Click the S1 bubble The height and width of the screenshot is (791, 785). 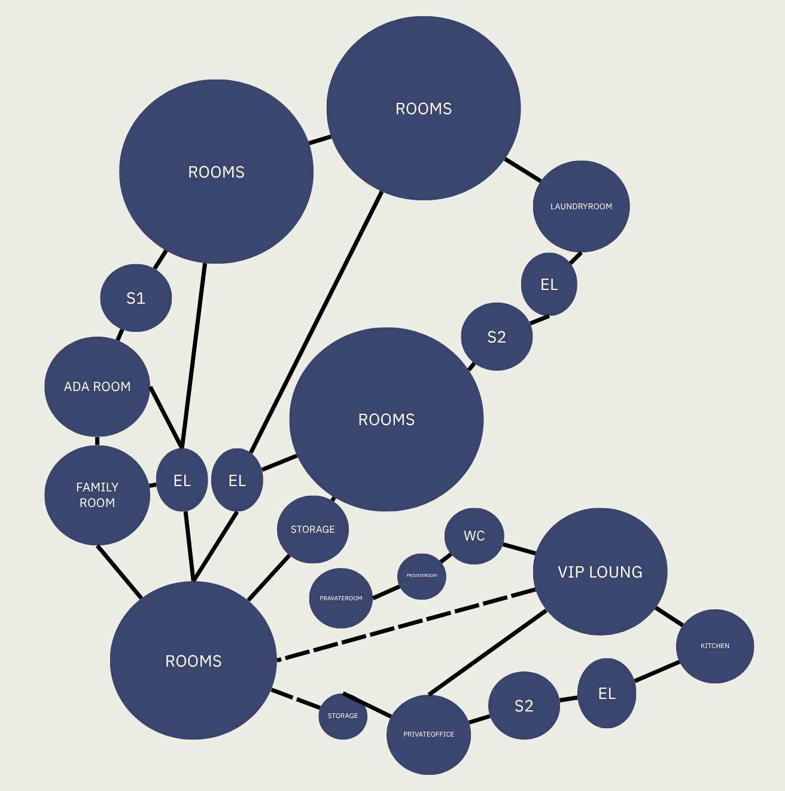[x=136, y=298]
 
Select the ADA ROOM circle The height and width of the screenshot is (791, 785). [x=97, y=386]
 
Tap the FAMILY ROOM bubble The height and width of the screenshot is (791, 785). [x=97, y=495]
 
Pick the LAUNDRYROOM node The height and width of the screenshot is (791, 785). [x=581, y=206]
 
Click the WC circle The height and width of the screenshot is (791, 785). [x=474, y=536]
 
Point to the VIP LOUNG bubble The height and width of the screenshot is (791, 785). [x=600, y=572]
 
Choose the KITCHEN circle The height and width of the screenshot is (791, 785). [x=714, y=646]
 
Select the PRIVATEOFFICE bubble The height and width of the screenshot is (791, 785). [x=428, y=734]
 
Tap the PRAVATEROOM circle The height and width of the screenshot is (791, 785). [x=340, y=598]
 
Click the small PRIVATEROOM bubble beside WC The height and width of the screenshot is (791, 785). [x=421, y=576]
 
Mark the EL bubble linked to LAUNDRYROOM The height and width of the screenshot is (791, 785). [x=549, y=285]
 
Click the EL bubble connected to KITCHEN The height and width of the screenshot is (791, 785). [x=606, y=694]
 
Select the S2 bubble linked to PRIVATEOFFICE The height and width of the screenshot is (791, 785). [x=524, y=706]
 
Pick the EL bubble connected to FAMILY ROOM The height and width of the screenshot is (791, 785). [x=182, y=480]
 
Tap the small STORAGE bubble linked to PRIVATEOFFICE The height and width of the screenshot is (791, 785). [x=342, y=716]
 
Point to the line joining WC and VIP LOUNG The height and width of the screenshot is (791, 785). [x=519, y=548]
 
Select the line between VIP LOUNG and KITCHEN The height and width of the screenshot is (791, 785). [x=669, y=616]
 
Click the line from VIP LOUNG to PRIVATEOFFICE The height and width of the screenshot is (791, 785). [x=488, y=653]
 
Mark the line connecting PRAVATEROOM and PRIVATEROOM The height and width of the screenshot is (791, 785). [x=385, y=592]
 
